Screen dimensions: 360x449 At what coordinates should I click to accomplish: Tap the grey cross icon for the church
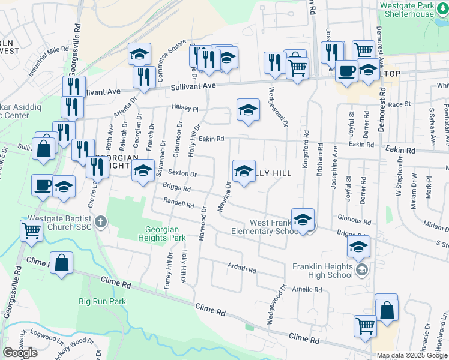100,221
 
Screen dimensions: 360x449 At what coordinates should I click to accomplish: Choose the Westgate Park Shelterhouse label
407,9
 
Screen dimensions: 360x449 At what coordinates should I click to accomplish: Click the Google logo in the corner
20,353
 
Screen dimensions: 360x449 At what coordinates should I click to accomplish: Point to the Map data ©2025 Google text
412,355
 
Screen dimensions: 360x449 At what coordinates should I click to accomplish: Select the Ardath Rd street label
241,267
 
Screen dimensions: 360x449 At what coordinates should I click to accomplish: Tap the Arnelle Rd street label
307,289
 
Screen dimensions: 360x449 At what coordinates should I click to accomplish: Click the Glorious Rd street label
354,221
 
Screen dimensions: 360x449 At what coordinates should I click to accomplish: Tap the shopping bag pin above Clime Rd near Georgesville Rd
61,263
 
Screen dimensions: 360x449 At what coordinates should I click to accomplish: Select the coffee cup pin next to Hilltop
346,71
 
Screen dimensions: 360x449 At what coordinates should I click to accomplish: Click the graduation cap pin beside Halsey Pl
248,111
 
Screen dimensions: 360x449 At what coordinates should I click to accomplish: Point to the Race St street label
398,104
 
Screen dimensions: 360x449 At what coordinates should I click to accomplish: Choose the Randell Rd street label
178,205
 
